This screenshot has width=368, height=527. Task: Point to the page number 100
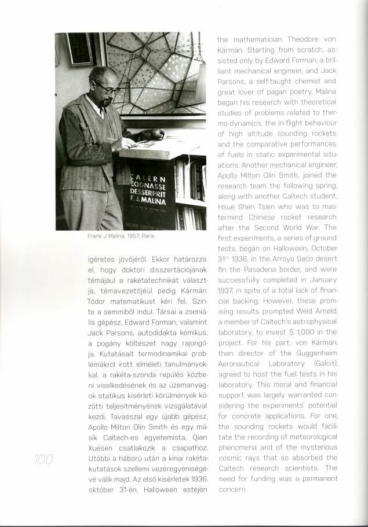[43, 460]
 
